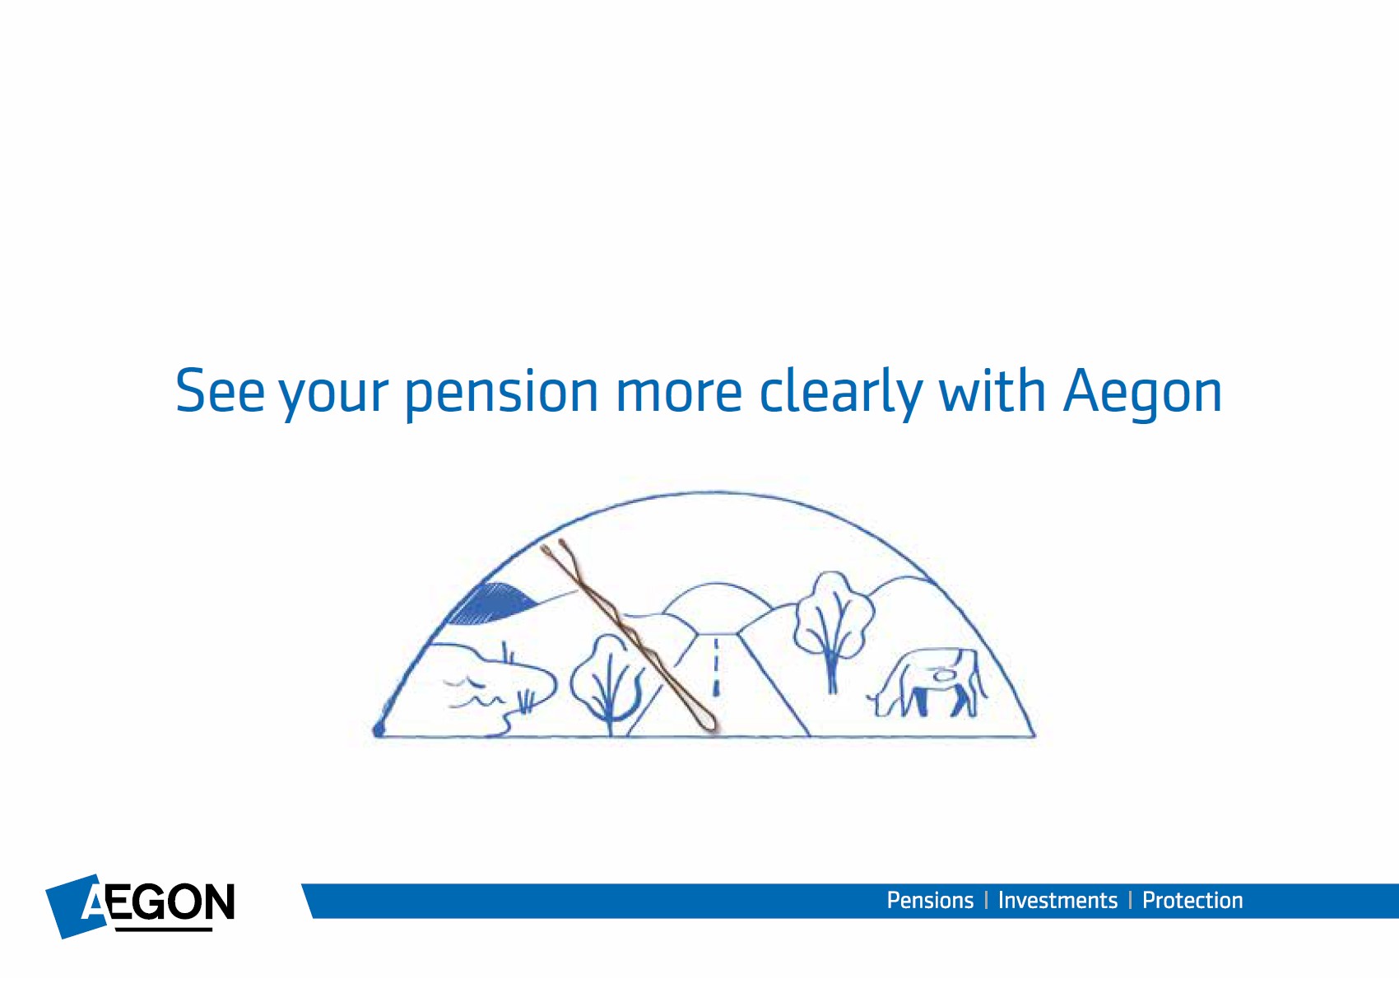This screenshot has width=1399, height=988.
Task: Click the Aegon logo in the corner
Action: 140,906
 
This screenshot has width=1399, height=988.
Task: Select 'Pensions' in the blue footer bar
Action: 930,901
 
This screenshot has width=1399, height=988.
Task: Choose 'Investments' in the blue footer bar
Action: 1057,901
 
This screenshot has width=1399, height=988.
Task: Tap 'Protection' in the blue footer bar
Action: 1192,901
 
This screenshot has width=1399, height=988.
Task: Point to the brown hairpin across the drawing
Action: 628,634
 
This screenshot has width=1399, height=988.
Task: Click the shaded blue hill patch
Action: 494,603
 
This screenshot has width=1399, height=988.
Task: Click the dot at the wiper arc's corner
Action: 379,729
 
